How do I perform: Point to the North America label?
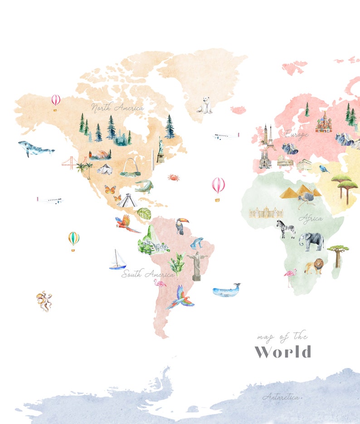pyautogui.click(x=117, y=108)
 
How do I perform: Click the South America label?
pyautogui.click(x=147, y=274)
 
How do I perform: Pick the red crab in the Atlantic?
pyautogui.click(x=173, y=177)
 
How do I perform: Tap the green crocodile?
pyautogui.click(x=144, y=186)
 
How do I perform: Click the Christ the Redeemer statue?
pyautogui.click(x=197, y=265)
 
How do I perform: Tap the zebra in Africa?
pyautogui.click(x=287, y=228)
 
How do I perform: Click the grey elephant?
pyautogui.click(x=312, y=241)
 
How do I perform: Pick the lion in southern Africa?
pyautogui.click(x=314, y=266)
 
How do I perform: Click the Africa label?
pyautogui.click(x=311, y=218)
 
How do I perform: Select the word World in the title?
pyautogui.click(x=283, y=352)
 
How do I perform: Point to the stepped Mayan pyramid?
pyautogui.click(x=127, y=201)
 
